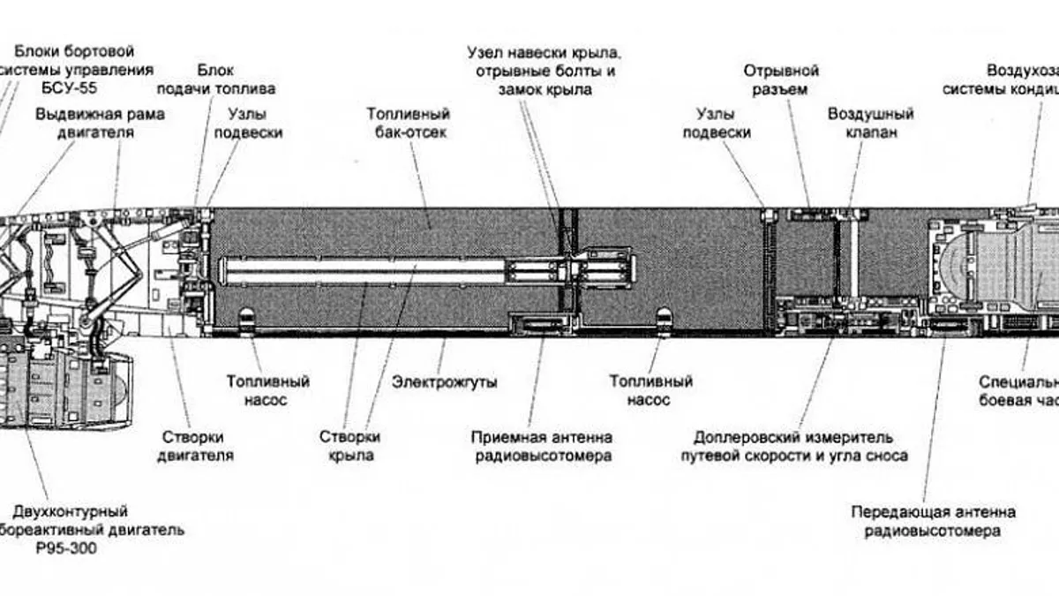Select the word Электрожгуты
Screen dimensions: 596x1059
(x=445, y=382)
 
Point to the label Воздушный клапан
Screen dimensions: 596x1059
(x=870, y=124)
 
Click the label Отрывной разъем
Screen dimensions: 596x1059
(x=781, y=79)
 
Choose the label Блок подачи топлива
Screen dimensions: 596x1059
(x=216, y=79)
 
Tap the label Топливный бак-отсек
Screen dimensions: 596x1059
(x=409, y=124)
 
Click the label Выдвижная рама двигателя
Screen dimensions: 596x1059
(x=100, y=124)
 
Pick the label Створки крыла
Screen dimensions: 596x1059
(x=350, y=447)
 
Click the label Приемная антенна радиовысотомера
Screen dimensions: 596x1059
(x=541, y=447)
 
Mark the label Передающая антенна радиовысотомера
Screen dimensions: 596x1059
(x=933, y=522)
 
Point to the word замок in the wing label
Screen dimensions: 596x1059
(x=523, y=89)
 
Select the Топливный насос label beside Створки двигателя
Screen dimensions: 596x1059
(x=268, y=391)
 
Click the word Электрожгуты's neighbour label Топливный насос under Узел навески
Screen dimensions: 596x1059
(x=650, y=391)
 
